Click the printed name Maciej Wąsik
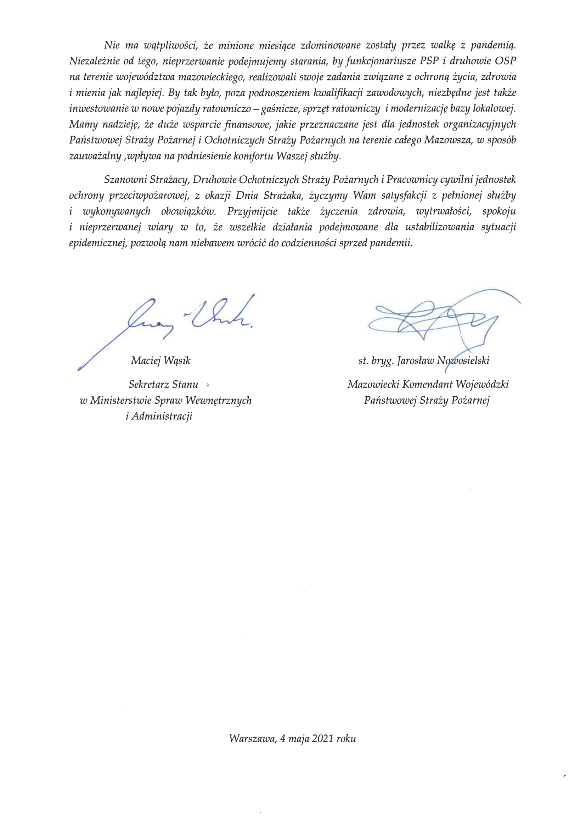click(160, 360)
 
